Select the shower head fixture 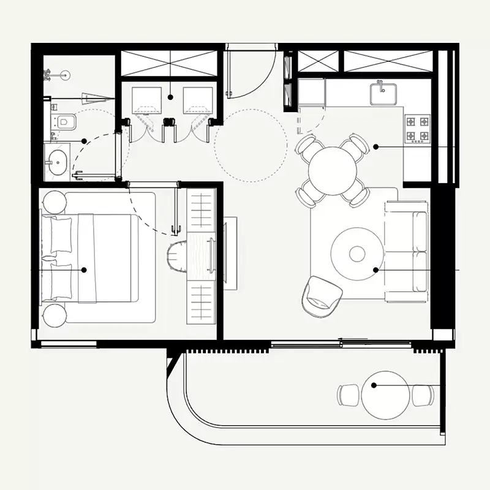tap(49, 74)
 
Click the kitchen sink tap(383, 94)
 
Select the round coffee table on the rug tap(357, 252)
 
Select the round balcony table tap(385, 395)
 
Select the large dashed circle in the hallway tap(251, 145)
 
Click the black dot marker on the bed tap(84, 269)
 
